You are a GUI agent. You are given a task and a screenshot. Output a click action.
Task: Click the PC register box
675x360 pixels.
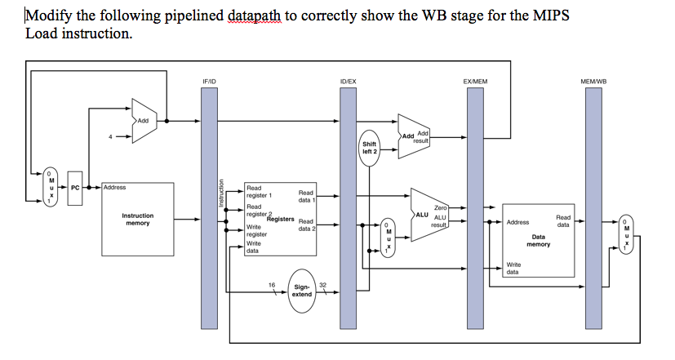coord(76,188)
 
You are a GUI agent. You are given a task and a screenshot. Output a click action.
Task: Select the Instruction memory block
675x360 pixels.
coord(137,219)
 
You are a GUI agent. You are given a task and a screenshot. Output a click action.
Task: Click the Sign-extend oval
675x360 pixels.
coord(302,291)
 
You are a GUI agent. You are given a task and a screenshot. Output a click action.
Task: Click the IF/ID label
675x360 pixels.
coord(210,82)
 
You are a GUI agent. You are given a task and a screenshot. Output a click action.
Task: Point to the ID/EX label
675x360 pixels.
coord(348,82)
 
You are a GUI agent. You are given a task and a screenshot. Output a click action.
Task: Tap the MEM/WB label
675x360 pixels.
coord(593,82)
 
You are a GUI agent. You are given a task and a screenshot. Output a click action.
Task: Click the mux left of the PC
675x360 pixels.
coord(51,188)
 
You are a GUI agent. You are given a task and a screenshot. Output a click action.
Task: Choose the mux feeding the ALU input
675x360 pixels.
coord(389,237)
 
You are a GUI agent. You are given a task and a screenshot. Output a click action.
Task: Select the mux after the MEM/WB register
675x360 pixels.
coord(626,235)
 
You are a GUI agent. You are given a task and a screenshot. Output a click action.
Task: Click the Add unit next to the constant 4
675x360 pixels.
coord(145,120)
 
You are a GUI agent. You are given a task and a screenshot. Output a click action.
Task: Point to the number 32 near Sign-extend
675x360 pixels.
coord(323,284)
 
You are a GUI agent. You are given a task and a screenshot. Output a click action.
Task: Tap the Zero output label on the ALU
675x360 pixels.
coord(441,209)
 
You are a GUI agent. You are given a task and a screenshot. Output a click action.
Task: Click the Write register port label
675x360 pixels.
coord(255,229)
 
